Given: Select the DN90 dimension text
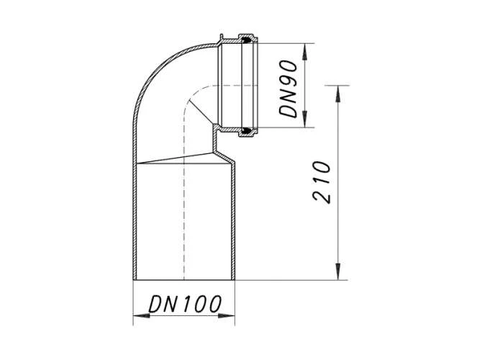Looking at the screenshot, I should (289, 86).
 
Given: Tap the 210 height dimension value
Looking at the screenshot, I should (323, 182).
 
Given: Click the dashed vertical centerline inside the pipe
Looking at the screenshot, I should (184, 216).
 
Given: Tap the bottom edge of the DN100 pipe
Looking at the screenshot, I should (185, 280).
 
